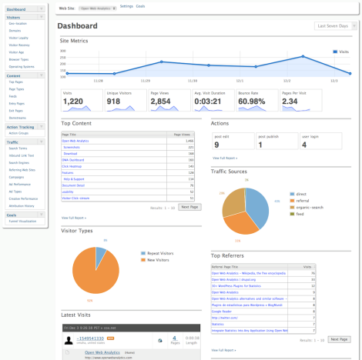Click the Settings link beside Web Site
coord(126,6)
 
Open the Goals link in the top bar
coord(141,6)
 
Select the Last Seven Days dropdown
coord(336,26)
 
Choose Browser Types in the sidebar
coord(19,58)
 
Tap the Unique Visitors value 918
coord(113,101)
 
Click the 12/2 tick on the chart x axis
coord(287,79)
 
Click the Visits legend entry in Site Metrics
coord(342,52)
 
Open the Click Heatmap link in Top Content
coord(72,166)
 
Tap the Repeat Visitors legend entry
coord(159,252)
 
